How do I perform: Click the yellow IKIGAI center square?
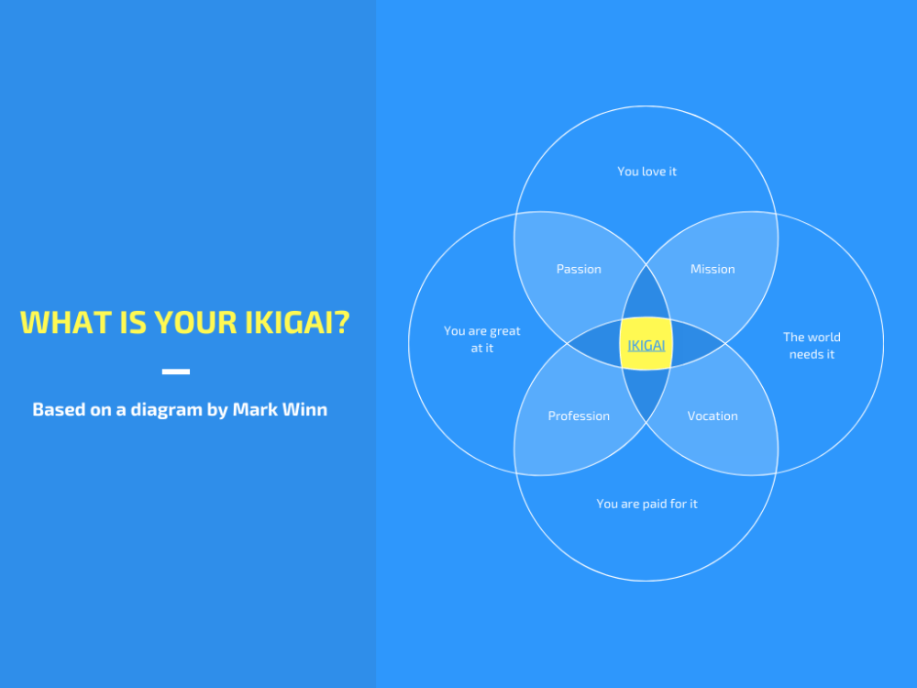646,344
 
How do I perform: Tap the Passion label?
579,269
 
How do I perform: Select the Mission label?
713,269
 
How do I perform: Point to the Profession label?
579,416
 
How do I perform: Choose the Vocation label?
713,416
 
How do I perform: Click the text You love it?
646,172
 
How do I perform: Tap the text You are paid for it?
646,504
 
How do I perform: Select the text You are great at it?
481,339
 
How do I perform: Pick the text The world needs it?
812,345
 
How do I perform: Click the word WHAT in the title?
58,323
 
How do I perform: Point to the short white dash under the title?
176,372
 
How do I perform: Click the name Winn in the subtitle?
306,409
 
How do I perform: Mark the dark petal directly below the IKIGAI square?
646,392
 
